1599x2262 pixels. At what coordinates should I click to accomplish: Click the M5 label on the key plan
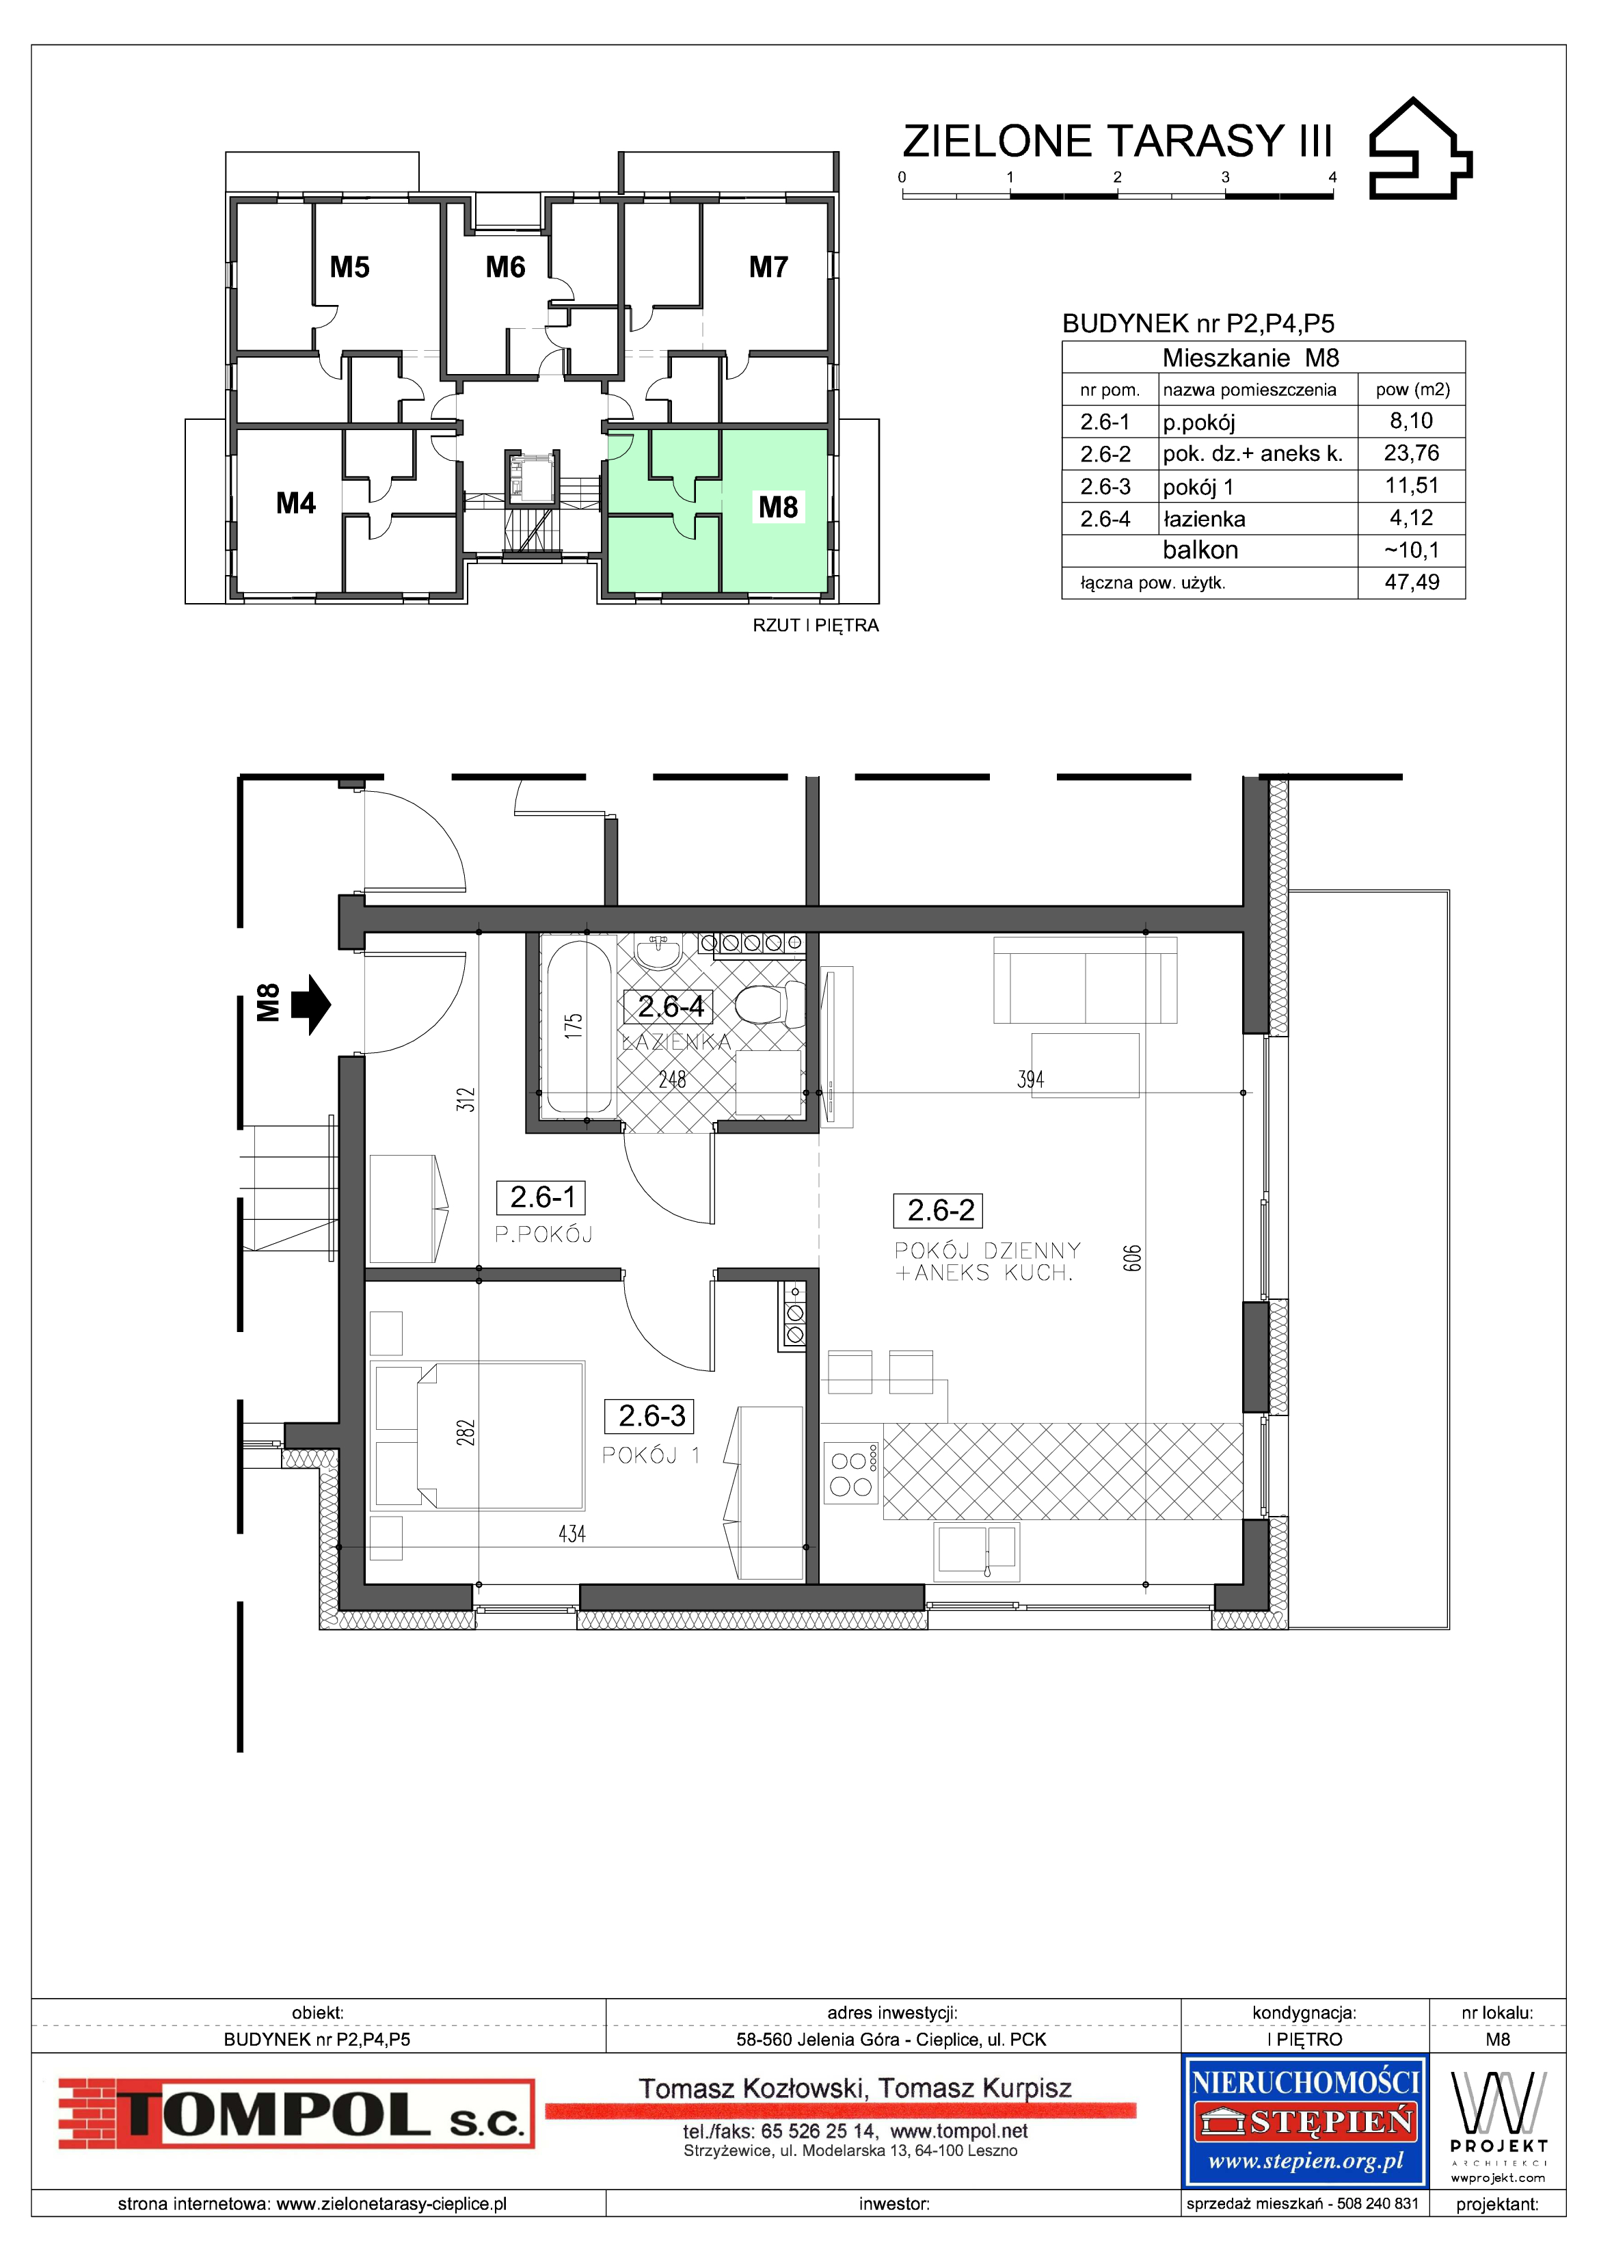pos(350,267)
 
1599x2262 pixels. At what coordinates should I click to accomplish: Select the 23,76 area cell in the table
pos(1411,453)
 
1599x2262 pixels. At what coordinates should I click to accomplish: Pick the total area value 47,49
pos(1412,582)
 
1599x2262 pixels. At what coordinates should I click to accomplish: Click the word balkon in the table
pos(1200,550)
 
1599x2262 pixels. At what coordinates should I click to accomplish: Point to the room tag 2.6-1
pos(543,1197)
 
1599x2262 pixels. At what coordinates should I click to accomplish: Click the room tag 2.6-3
pos(651,1415)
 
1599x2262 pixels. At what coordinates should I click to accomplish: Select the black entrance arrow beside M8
pos(312,1005)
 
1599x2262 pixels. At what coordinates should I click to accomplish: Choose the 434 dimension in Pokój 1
pos(572,1534)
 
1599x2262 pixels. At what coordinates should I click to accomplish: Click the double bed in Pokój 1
pos(478,1435)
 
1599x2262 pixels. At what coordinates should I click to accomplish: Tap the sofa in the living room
pos(1086,981)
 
